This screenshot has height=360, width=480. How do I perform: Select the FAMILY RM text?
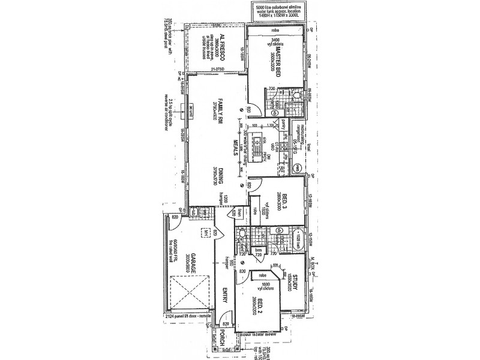[221, 112]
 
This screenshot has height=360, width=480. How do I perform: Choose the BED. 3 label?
[286, 200]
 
